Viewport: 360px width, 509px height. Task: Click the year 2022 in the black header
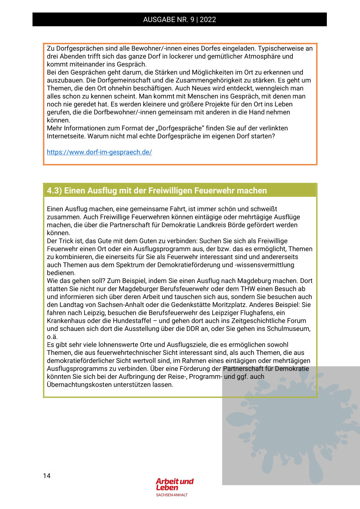coord(209,20)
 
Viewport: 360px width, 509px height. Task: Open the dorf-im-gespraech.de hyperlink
coord(99,152)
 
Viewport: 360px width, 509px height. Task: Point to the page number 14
coord(47,475)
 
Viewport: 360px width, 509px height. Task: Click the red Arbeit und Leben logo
coord(174,484)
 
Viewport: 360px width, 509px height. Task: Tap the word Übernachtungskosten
coord(82,385)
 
